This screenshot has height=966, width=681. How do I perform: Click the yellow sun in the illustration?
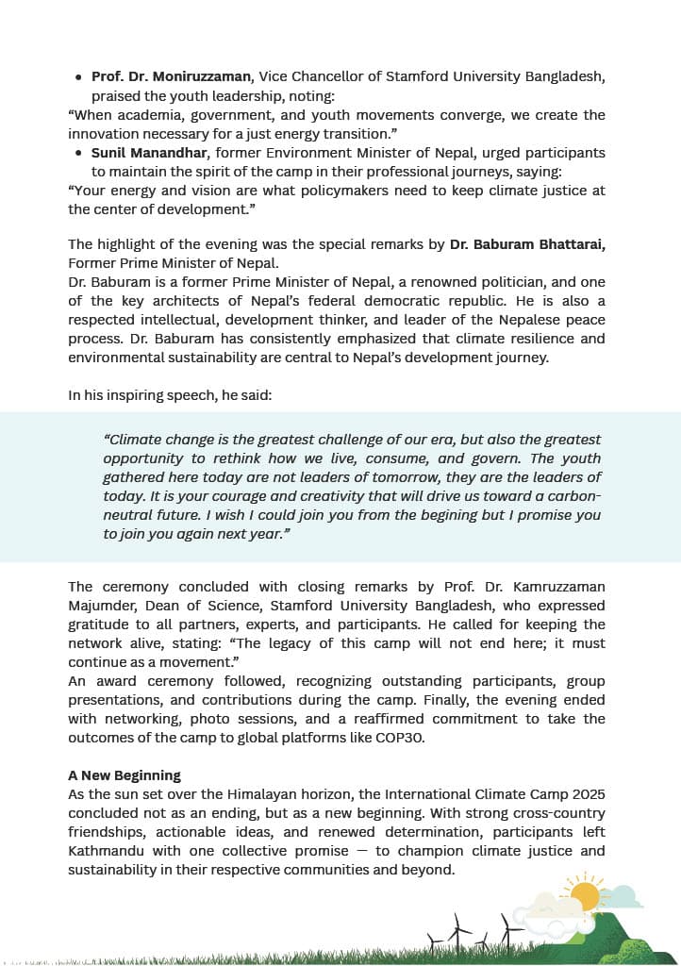[584, 896]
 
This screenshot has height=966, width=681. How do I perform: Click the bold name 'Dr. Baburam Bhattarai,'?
[527, 244]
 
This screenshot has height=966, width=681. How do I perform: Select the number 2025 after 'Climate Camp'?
[584, 794]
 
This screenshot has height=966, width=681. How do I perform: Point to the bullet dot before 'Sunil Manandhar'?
[78, 152]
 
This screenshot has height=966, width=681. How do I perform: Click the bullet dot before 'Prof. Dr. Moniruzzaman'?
[78, 75]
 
